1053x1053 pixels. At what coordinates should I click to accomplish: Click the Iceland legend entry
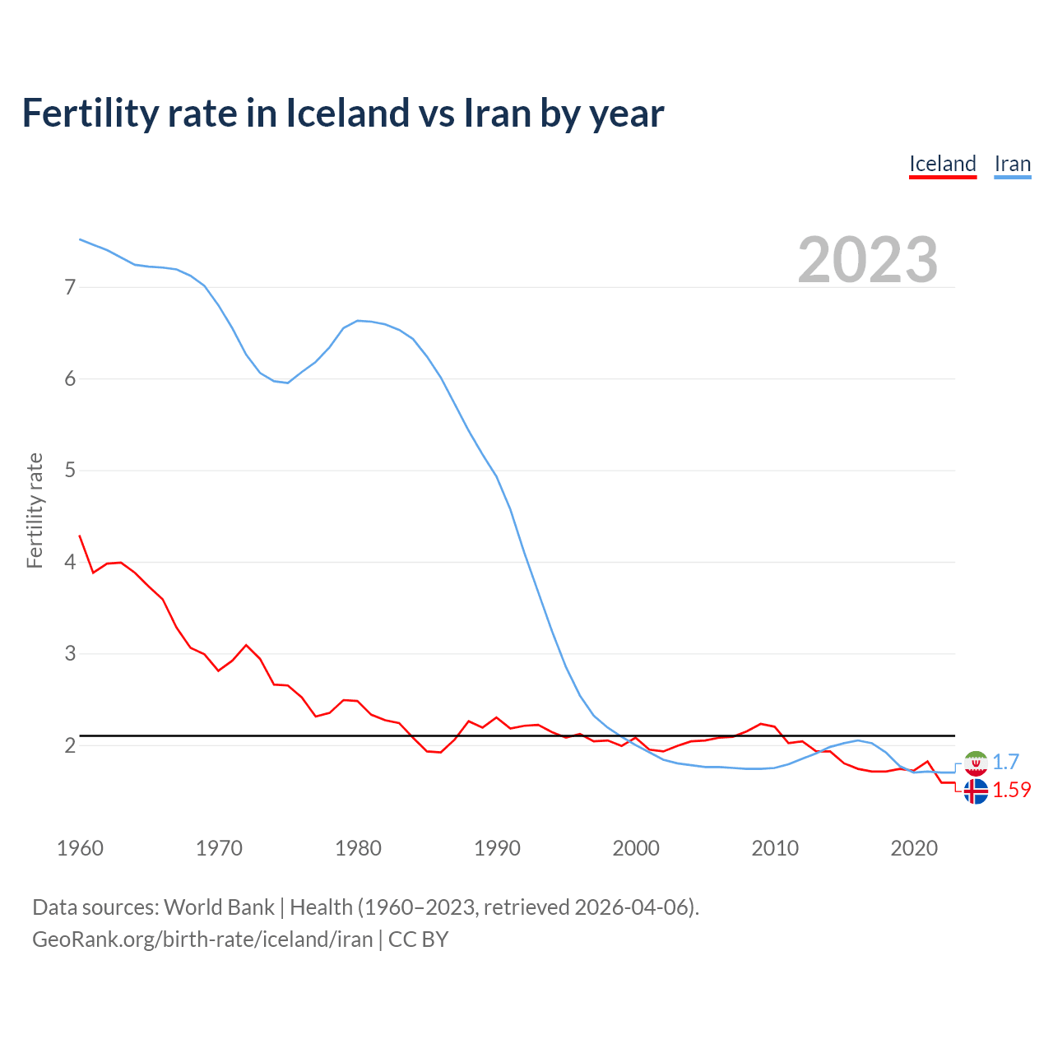pos(942,164)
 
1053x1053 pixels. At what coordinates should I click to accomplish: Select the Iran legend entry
pos(1012,164)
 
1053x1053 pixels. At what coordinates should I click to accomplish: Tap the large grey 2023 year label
pos(867,260)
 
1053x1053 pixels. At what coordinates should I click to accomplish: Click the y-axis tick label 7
pos(70,287)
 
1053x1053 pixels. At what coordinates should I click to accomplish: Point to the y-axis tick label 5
pos(70,471)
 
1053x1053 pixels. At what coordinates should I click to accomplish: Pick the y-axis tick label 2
pos(70,745)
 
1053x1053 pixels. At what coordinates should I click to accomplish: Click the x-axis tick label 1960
pos(80,848)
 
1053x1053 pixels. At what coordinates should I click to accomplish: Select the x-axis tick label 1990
pos(497,848)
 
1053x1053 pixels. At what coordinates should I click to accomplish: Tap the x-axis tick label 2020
pos(914,848)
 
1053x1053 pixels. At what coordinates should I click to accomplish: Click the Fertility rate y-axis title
pos(35,510)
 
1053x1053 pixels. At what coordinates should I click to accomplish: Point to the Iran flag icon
pos(976,763)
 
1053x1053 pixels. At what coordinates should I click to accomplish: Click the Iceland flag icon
pos(976,791)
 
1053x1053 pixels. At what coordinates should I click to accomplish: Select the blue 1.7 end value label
pos(1006,762)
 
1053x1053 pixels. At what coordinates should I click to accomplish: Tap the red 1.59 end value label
pos(1012,790)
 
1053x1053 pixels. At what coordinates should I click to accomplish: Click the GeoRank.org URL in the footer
pos(202,939)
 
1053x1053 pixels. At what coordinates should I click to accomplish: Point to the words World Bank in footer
pos(219,907)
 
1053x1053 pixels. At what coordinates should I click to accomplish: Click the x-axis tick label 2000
pos(636,848)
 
